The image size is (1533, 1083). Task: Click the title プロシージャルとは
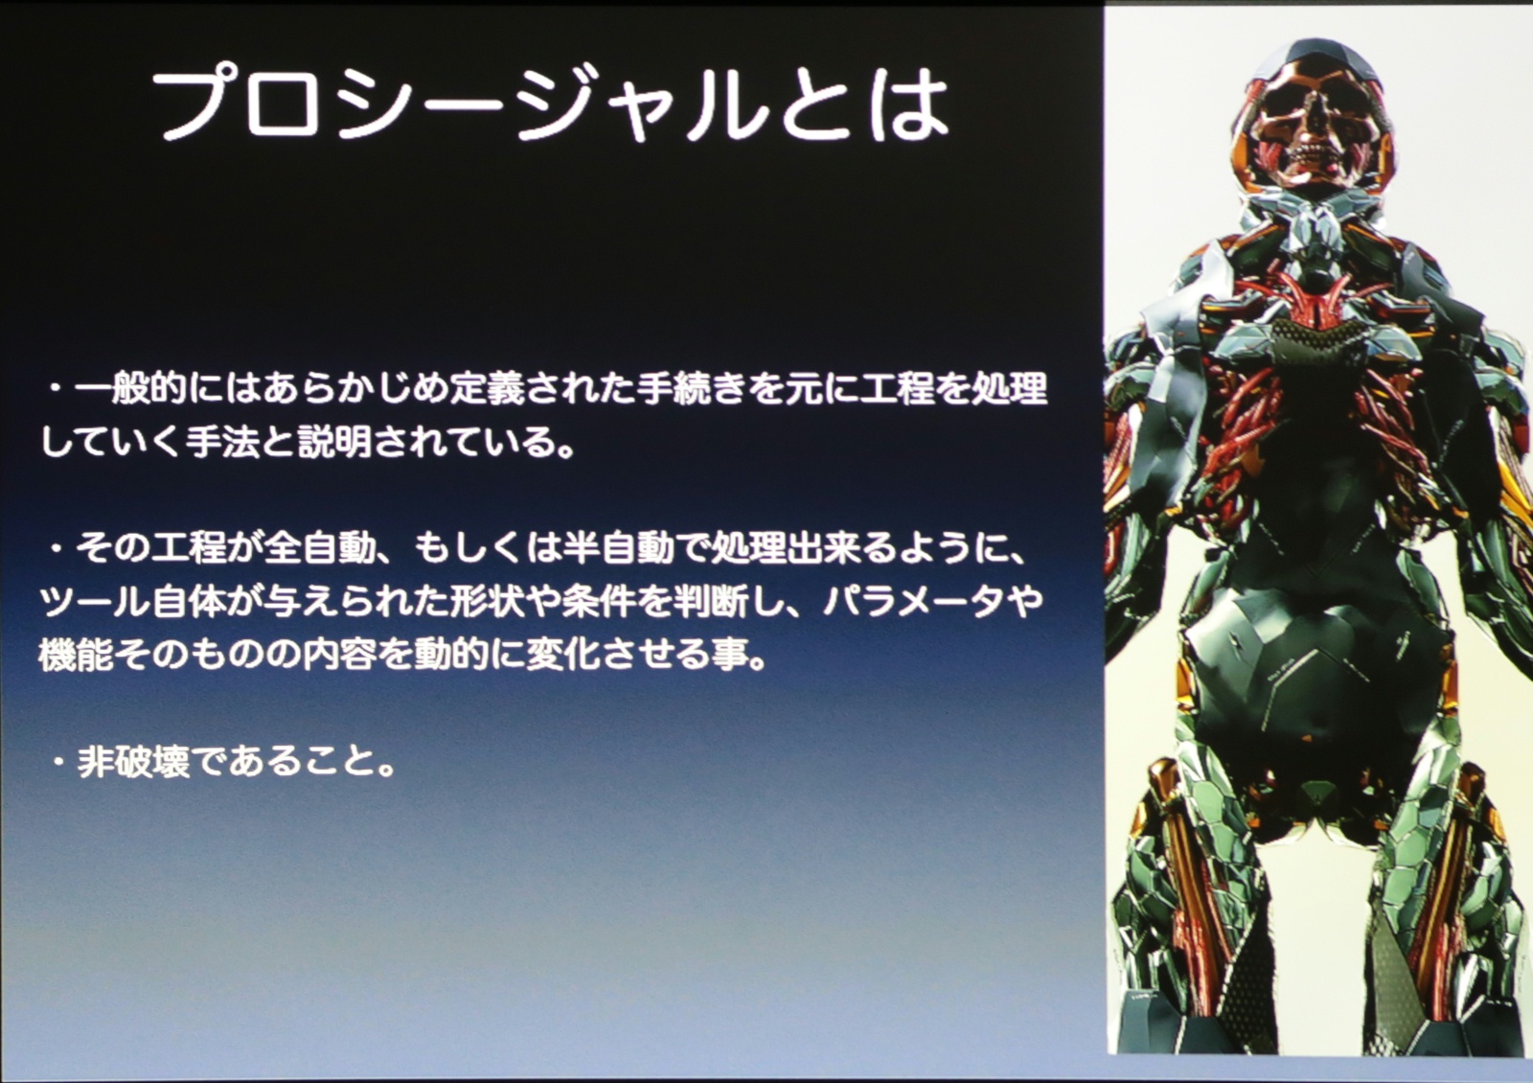(x=550, y=106)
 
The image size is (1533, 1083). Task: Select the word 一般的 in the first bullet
(x=130, y=389)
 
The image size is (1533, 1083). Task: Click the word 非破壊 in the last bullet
(x=133, y=762)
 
